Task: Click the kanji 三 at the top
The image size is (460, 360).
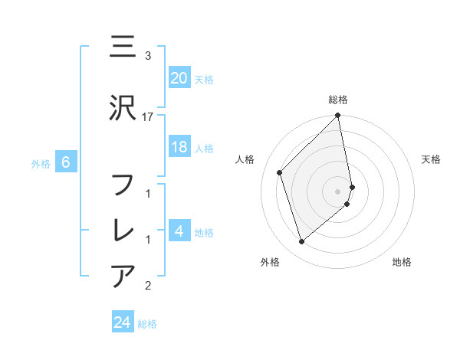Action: pyautogui.click(x=123, y=47)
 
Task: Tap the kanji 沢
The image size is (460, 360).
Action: pyautogui.click(x=123, y=110)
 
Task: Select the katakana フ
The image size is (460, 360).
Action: pyautogui.click(x=123, y=185)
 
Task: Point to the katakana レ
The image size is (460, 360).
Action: pyautogui.click(x=123, y=231)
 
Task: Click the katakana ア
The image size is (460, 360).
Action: pyautogui.click(x=123, y=275)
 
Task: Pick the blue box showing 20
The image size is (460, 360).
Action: pyautogui.click(x=179, y=78)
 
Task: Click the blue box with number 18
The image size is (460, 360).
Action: pyautogui.click(x=179, y=147)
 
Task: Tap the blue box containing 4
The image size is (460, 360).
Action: pyautogui.click(x=179, y=231)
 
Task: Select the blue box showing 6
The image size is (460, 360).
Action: pyautogui.click(x=66, y=162)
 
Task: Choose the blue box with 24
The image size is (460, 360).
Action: pyautogui.click(x=123, y=322)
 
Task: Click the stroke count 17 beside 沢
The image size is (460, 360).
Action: pyautogui.click(x=148, y=116)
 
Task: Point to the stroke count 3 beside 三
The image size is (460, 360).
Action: pyautogui.click(x=148, y=55)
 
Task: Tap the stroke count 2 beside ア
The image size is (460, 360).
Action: pyautogui.click(x=148, y=286)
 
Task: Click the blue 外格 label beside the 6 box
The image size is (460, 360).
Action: pyautogui.click(x=41, y=163)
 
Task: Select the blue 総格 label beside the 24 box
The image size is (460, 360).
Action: pyautogui.click(x=147, y=324)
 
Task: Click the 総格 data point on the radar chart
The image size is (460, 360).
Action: pyautogui.click(x=337, y=116)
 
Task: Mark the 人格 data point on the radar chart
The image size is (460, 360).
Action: pyautogui.click(x=280, y=172)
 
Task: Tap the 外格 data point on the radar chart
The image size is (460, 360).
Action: pyautogui.click(x=302, y=242)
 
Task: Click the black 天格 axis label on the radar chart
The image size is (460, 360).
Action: pyautogui.click(x=432, y=159)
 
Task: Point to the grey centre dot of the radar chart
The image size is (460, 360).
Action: pyautogui.click(x=338, y=191)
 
